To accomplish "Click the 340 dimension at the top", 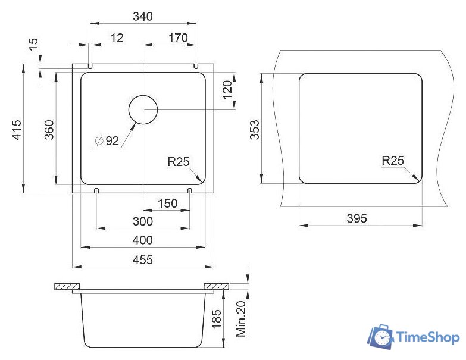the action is click(x=143, y=16).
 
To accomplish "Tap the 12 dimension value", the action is click(x=117, y=38).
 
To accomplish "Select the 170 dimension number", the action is click(x=178, y=38).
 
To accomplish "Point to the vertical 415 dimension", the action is click(x=17, y=130).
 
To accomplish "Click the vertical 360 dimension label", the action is click(x=49, y=130).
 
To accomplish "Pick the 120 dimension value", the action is click(x=227, y=90).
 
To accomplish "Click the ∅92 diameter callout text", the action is click(x=107, y=140).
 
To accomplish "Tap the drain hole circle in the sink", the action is click(x=143, y=109).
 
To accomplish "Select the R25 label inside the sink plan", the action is click(x=179, y=162).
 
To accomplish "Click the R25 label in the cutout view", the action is click(x=393, y=161).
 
